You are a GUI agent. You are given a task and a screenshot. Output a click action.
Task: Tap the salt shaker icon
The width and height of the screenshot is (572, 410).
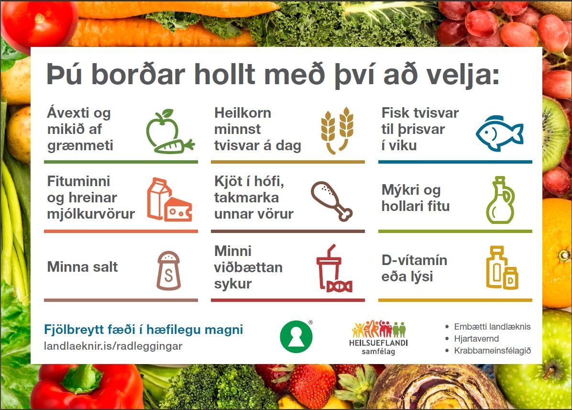tap(169, 271)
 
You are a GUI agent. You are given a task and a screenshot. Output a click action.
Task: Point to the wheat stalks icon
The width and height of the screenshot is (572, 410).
tap(337, 130)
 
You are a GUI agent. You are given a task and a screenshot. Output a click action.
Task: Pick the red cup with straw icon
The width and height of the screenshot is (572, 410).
tap(333, 269)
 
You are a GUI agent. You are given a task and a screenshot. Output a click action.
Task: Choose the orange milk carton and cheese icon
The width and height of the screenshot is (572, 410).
tap(169, 200)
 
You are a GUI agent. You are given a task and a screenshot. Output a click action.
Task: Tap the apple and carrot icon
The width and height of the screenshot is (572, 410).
tap(169, 132)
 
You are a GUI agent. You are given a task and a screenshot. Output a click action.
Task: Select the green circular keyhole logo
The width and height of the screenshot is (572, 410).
tap(296, 337)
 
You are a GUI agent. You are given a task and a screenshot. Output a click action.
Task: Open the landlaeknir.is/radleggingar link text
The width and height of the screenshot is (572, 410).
tap(113, 346)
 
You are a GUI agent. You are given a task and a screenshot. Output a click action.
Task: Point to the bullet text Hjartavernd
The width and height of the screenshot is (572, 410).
tap(476, 339)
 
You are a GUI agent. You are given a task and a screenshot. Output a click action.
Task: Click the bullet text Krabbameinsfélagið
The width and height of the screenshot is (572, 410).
tap(492, 351)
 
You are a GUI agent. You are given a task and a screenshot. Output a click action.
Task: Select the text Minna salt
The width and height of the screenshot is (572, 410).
tap(82, 267)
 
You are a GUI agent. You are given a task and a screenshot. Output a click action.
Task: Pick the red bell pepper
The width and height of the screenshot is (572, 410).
tap(86, 387)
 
